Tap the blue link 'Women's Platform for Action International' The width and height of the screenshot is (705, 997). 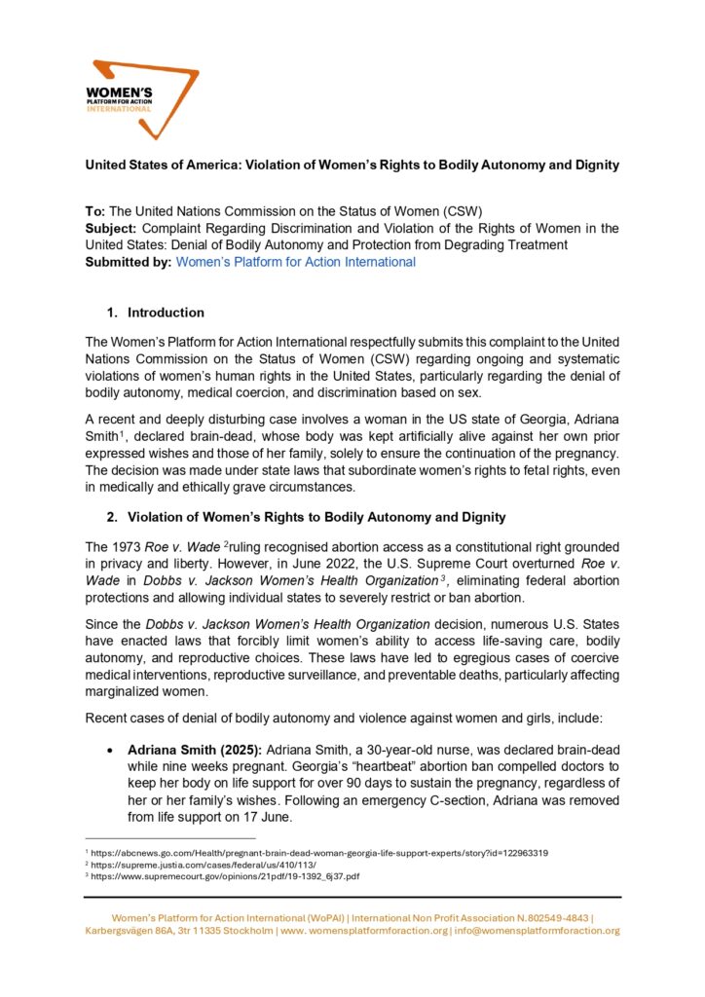295,262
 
